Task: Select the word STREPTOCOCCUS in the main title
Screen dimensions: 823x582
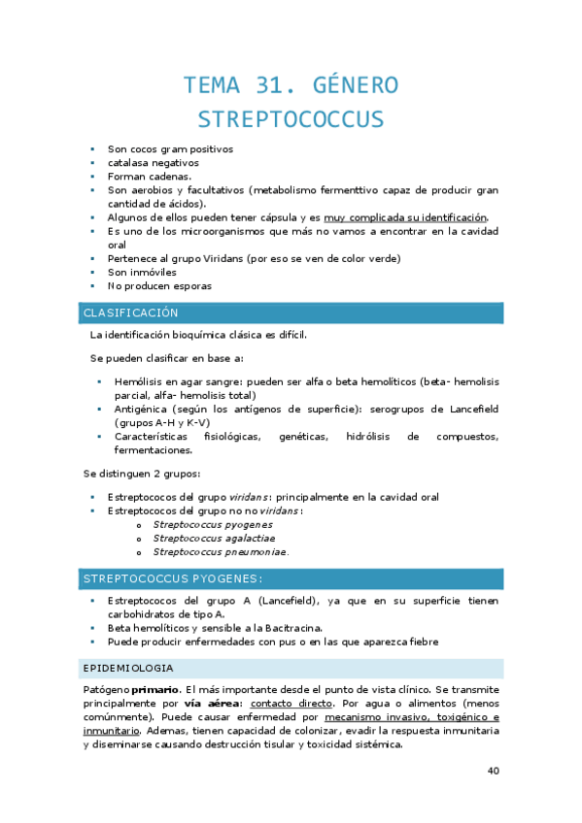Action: (291, 120)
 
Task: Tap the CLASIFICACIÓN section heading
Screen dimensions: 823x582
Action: (131, 313)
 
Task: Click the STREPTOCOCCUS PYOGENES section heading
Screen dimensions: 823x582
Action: (173, 579)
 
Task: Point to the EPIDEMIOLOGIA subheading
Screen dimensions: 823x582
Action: (129, 669)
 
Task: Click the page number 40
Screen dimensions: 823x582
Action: (493, 772)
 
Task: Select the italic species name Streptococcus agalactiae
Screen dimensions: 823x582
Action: (214, 538)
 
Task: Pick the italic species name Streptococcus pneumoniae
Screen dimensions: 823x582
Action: (220, 552)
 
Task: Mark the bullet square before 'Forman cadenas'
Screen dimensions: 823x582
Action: (92, 177)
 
